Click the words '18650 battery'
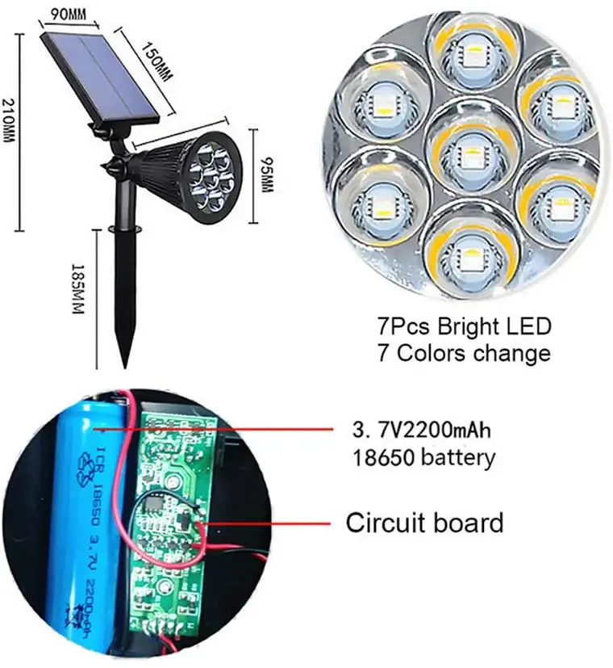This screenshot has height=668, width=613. pyautogui.click(x=423, y=458)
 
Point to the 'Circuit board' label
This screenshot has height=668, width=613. pyautogui.click(x=424, y=523)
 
